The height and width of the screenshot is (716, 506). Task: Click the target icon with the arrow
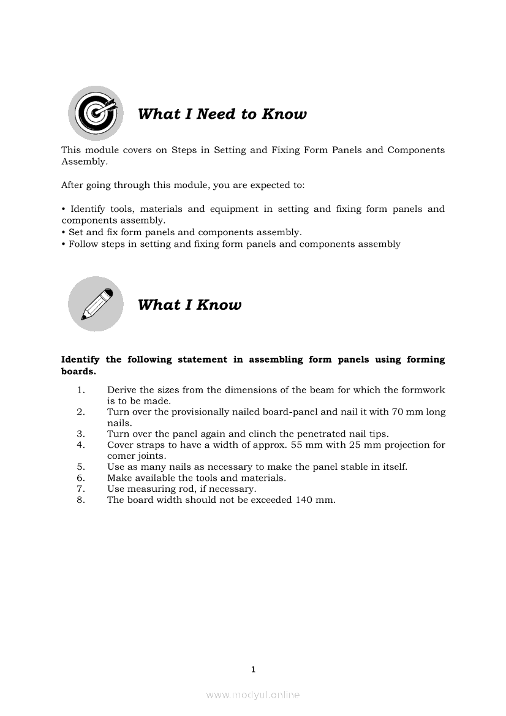pyautogui.click(x=95, y=113)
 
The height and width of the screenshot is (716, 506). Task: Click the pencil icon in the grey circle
pyautogui.click(x=95, y=304)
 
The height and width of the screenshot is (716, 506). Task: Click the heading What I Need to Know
pyautogui.click(x=222, y=114)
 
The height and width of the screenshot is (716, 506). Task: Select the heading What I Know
pyautogui.click(x=189, y=305)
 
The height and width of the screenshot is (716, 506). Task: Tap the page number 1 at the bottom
pyautogui.click(x=253, y=669)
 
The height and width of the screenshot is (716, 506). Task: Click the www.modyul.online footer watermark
pyautogui.click(x=253, y=695)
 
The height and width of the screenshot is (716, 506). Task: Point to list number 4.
pyautogui.click(x=80, y=445)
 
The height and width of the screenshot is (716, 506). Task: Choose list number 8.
pyautogui.click(x=80, y=500)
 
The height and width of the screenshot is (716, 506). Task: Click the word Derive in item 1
pyautogui.click(x=121, y=390)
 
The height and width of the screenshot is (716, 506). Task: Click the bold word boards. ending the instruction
pyautogui.click(x=78, y=371)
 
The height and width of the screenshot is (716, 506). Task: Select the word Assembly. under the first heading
pyautogui.click(x=84, y=162)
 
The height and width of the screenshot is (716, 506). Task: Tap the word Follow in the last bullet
pyautogui.click(x=81, y=244)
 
